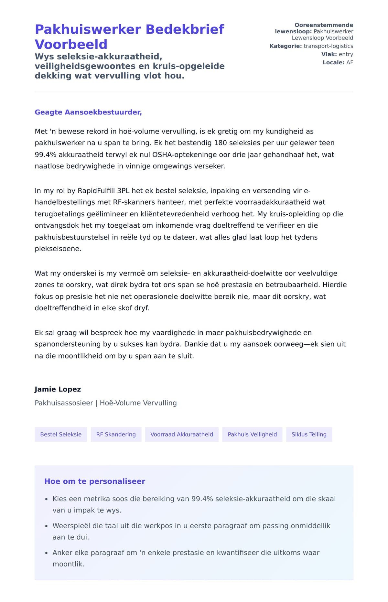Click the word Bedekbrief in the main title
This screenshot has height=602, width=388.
coord(185,29)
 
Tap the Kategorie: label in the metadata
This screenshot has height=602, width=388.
coord(286,46)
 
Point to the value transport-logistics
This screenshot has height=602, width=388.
coord(328,46)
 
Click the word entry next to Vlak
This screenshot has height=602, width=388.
coord(346,54)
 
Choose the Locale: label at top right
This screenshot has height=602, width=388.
coord(333,62)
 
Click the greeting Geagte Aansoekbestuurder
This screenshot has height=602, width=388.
coord(88,112)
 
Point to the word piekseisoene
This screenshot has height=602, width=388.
coord(58,249)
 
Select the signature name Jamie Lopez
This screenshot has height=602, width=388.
coord(58,389)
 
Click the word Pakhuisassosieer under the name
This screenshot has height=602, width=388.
coord(64,403)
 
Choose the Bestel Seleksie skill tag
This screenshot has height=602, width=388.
coord(61,435)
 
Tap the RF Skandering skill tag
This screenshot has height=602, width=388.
coord(116,435)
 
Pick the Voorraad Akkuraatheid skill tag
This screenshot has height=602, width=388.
coord(182,435)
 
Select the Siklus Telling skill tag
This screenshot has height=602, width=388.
coord(309,435)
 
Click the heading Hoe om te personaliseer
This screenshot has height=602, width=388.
coord(95,481)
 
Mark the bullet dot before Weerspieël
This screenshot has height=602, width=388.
coord(47,526)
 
